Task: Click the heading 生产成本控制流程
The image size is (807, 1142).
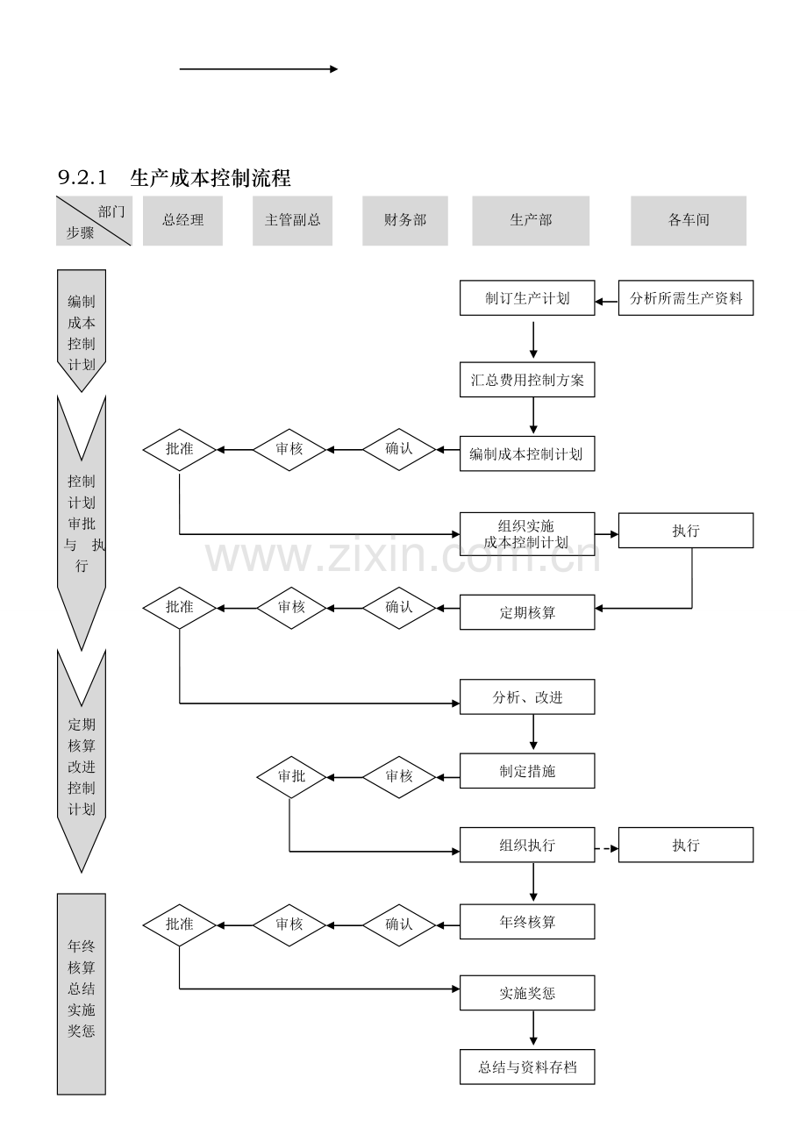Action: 210,178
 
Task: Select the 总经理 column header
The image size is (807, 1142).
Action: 182,221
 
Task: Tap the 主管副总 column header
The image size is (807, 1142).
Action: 292,221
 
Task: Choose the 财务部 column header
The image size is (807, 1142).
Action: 404,221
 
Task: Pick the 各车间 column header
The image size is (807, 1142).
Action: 689,221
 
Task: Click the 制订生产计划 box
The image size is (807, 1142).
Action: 527,297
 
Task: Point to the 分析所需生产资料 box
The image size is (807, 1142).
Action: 686,297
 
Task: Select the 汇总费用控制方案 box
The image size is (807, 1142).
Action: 527,380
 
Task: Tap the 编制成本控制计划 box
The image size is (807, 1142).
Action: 527,453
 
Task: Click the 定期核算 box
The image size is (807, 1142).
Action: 527,612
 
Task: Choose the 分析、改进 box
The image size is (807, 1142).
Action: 527,697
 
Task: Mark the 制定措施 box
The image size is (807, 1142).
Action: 527,771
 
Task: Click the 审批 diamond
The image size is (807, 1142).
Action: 291,777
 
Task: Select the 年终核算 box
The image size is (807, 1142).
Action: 527,922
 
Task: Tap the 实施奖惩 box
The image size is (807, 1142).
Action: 527,993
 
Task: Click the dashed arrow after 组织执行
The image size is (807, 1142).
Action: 607,849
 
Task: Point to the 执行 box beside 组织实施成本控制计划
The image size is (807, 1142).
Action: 686,530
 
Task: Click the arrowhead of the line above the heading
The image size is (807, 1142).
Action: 334,68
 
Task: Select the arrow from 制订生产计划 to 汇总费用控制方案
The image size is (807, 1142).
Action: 533,339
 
